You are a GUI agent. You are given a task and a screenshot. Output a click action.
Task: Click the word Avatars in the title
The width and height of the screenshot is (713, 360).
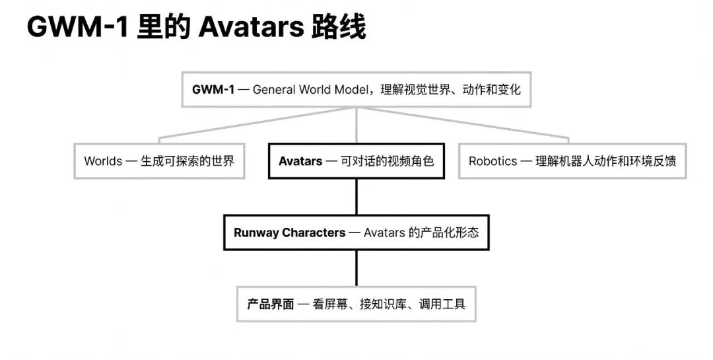coord(251,27)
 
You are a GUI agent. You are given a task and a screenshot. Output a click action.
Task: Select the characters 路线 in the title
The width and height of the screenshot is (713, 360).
coord(338,27)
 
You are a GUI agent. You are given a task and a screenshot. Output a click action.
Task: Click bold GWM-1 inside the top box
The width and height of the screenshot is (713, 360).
coord(213,89)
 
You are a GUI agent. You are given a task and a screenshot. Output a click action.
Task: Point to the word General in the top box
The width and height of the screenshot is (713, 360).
coord(273,89)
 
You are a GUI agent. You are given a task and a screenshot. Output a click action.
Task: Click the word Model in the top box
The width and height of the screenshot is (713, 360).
coord(351,89)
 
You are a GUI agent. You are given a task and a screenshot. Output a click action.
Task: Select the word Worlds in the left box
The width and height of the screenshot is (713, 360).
coord(103,161)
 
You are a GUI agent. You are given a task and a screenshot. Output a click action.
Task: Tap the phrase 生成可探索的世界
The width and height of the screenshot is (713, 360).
coord(187,161)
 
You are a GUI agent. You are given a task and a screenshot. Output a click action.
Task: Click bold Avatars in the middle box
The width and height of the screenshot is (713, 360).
coord(300,161)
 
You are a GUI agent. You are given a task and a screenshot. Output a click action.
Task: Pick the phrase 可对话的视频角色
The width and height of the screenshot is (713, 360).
coord(388,161)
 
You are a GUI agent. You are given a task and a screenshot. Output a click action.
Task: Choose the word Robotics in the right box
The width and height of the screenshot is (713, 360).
coord(493,161)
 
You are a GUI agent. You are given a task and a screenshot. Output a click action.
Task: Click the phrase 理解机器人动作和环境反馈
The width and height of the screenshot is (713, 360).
coord(605,161)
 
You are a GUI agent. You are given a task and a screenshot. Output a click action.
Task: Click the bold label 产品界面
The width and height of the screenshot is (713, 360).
coord(271,304)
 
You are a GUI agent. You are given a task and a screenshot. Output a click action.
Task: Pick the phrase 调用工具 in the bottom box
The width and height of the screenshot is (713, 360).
coord(442,304)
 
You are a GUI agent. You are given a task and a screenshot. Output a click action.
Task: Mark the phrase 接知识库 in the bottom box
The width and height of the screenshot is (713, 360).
coord(383,304)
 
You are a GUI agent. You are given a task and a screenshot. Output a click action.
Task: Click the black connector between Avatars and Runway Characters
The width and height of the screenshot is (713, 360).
coord(356,197)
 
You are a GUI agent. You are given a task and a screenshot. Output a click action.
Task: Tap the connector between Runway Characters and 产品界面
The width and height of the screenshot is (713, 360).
coord(356,268)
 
